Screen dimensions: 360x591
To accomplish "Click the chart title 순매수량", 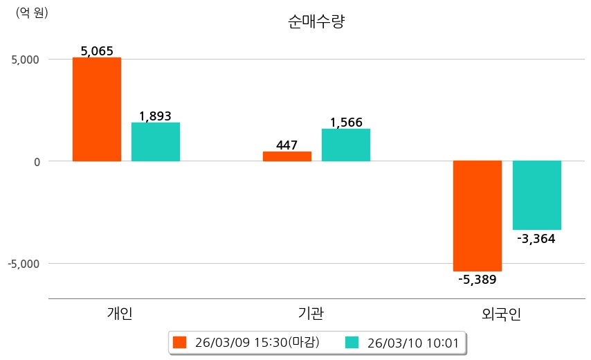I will [316, 21].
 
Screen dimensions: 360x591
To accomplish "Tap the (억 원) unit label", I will [32, 12].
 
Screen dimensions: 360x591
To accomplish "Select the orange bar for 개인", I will [97, 109].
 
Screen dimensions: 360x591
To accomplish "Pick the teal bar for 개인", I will [156, 142].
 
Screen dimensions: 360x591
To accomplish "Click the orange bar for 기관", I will [287, 156].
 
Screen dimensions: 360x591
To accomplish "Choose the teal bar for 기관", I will [346, 145].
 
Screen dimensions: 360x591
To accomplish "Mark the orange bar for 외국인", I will [478, 216].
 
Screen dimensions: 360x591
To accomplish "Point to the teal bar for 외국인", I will [536, 195].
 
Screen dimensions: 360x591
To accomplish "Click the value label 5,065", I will [97, 51].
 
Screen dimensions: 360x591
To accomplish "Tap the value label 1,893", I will [156, 116].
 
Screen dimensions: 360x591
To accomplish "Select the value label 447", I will [287, 145].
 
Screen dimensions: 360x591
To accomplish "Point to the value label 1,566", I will [346, 123].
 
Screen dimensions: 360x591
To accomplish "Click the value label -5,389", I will [478, 280].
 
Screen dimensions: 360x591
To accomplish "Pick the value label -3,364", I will [536, 239].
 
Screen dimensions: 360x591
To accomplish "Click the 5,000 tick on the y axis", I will [25, 60].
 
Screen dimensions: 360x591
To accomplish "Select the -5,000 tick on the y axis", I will [23, 264].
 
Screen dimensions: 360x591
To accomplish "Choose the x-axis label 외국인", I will [502, 314].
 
